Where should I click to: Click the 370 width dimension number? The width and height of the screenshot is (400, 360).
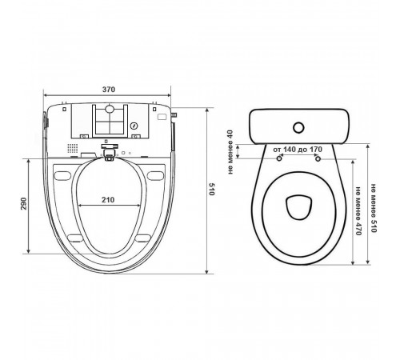(x=109, y=90)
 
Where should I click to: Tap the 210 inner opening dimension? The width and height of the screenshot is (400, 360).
(x=108, y=200)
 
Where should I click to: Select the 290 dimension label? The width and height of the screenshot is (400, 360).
(x=24, y=203)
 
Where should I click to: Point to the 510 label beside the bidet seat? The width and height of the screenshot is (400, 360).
(x=211, y=189)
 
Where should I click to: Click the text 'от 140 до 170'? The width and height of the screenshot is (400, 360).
(x=298, y=150)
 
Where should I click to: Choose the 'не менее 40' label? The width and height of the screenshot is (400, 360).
(x=230, y=152)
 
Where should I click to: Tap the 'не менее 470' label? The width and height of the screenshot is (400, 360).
(x=358, y=210)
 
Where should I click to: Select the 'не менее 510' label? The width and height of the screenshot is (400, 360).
(x=373, y=208)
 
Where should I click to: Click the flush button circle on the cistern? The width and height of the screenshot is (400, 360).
(x=298, y=128)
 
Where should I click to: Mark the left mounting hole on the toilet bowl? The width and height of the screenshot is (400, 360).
(x=279, y=158)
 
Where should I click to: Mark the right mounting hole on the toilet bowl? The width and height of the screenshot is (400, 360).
(x=318, y=158)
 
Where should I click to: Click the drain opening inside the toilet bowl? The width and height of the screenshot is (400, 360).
(x=299, y=207)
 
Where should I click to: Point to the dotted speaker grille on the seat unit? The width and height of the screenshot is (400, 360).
(x=73, y=148)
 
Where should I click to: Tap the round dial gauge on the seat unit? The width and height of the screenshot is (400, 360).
(x=134, y=126)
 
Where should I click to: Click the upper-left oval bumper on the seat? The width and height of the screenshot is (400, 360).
(x=62, y=176)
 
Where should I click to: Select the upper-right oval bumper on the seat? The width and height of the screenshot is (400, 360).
(x=155, y=176)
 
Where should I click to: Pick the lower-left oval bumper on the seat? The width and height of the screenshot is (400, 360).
(x=75, y=238)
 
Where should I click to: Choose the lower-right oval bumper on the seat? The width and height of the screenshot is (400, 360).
(x=143, y=238)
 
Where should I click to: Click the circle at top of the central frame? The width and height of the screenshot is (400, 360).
(x=110, y=108)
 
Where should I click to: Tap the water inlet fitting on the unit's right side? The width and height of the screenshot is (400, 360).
(x=174, y=115)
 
